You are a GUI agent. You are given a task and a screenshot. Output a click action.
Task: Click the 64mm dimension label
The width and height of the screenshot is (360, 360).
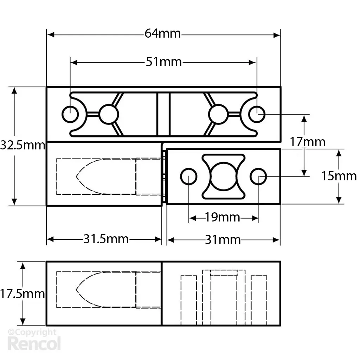pyautogui.click(x=162, y=34)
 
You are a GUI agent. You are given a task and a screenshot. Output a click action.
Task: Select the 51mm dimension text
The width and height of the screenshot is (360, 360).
pyautogui.click(x=164, y=62)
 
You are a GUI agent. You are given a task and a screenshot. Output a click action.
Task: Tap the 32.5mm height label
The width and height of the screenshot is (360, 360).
pyautogui.click(x=22, y=145)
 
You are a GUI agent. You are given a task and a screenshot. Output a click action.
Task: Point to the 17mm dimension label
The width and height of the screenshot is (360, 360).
pyautogui.click(x=308, y=142)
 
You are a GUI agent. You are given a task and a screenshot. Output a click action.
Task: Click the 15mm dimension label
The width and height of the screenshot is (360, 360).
pyautogui.click(x=339, y=176)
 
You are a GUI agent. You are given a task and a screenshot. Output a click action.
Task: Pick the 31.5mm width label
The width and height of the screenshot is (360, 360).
pyautogui.click(x=106, y=239)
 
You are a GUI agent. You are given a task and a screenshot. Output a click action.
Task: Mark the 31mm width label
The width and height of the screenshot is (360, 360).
pyautogui.click(x=223, y=240)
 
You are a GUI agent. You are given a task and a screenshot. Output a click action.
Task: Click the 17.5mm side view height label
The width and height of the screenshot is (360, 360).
pyautogui.click(x=22, y=294)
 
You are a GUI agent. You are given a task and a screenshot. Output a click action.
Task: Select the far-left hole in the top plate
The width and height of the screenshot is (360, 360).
pyautogui.click(x=70, y=114)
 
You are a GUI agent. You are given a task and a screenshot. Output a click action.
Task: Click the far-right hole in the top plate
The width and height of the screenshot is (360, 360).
pyautogui.click(x=257, y=114)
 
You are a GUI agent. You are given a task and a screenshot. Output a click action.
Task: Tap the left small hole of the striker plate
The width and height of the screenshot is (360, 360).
pyautogui.click(x=189, y=176)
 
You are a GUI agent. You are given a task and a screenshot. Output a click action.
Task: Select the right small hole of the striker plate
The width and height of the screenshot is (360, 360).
pyautogui.click(x=258, y=176)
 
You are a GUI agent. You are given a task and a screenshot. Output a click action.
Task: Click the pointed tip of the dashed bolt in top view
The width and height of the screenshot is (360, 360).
pyautogui.click(x=77, y=176)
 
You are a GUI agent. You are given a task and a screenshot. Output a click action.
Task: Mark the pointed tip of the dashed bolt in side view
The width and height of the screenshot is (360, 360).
pyautogui.click(x=77, y=290)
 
